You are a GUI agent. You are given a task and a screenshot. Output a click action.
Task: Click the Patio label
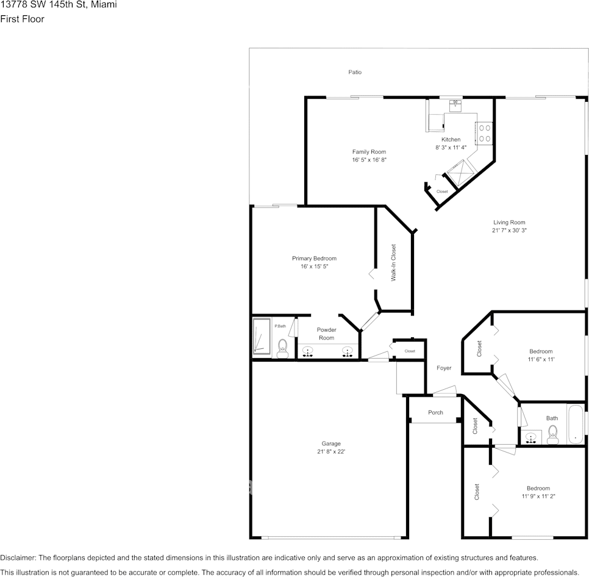coord(355,72)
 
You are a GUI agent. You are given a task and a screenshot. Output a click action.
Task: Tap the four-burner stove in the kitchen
coord(485,133)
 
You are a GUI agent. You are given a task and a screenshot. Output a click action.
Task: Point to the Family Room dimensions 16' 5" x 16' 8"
coord(369,160)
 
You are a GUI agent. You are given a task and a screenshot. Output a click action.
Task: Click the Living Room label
coord(509,223)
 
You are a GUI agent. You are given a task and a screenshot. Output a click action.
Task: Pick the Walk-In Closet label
coord(394,262)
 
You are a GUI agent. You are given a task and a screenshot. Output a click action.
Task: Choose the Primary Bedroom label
coord(314,259)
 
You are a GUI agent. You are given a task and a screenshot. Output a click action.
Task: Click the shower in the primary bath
coord(262,336)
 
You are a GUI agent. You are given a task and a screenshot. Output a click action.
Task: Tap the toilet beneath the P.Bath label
coord(282,348)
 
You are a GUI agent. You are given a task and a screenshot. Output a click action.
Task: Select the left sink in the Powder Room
coord(308,351)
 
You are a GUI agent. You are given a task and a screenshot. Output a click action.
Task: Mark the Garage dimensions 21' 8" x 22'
coord(331,452)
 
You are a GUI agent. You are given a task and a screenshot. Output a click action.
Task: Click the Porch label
coord(435,413)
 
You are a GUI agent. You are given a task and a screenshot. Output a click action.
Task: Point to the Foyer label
coord(444,368)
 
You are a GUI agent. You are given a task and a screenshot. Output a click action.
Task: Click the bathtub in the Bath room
coord(576,424)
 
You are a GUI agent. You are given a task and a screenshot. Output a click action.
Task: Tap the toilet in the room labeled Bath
coord(553,432)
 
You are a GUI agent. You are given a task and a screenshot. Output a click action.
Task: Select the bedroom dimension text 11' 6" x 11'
coord(541,359)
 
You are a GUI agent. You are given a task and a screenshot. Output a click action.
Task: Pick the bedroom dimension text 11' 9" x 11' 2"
coord(538,496)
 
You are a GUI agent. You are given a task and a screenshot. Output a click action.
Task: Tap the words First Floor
coord(22,19)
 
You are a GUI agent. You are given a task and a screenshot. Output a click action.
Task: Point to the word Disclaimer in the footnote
coord(18,557)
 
